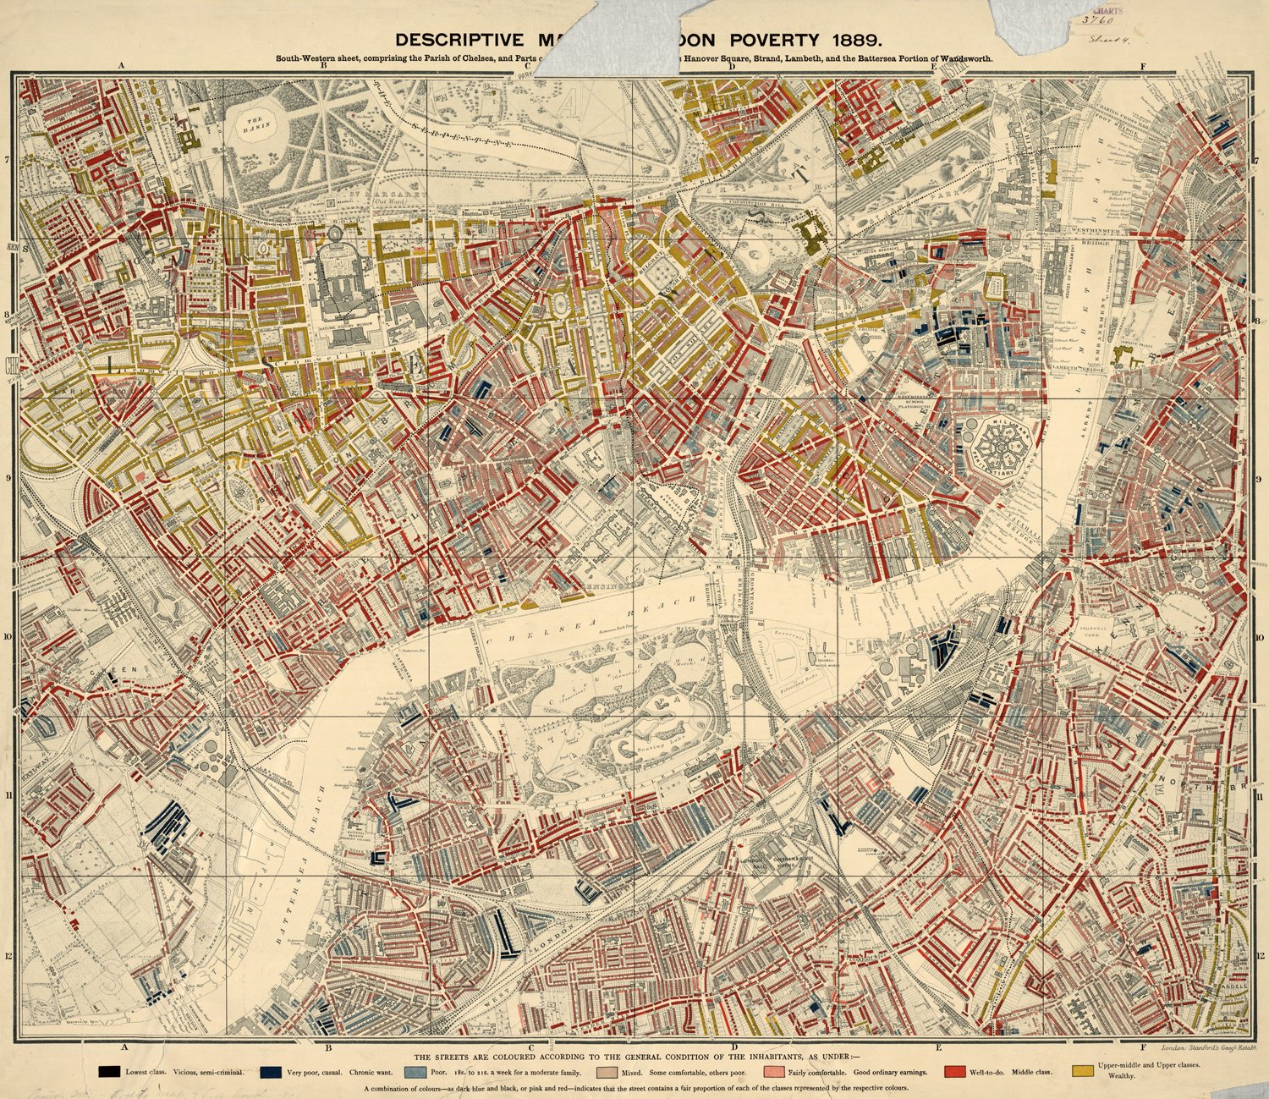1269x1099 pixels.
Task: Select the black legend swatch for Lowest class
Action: pos(107,1071)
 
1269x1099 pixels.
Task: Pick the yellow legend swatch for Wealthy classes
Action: pos(1081,1070)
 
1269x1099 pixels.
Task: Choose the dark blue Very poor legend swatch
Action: pos(271,1071)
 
